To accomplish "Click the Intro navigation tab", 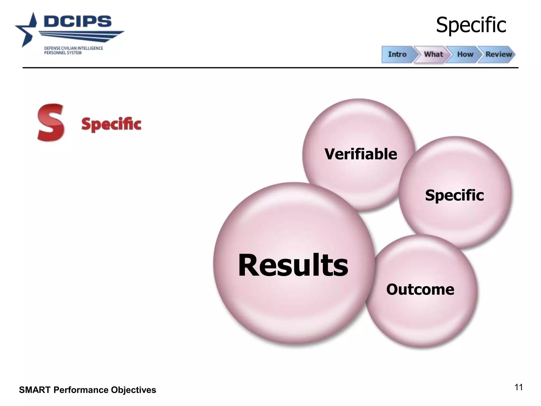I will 397,54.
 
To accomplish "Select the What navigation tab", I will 433,54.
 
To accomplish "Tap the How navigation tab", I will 465,54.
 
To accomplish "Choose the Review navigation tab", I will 498,54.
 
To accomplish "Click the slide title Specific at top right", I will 471,25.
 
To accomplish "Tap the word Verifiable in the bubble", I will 361,154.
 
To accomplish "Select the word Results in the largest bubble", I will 293,265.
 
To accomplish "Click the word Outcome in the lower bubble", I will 420,289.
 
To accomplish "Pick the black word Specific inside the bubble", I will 454,195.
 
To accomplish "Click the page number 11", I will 519,387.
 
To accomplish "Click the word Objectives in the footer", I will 133,390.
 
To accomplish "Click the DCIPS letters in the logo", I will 78,21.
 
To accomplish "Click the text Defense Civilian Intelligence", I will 73,48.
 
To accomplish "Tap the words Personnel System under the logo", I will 63,53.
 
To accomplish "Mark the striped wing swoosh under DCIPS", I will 82,36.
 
